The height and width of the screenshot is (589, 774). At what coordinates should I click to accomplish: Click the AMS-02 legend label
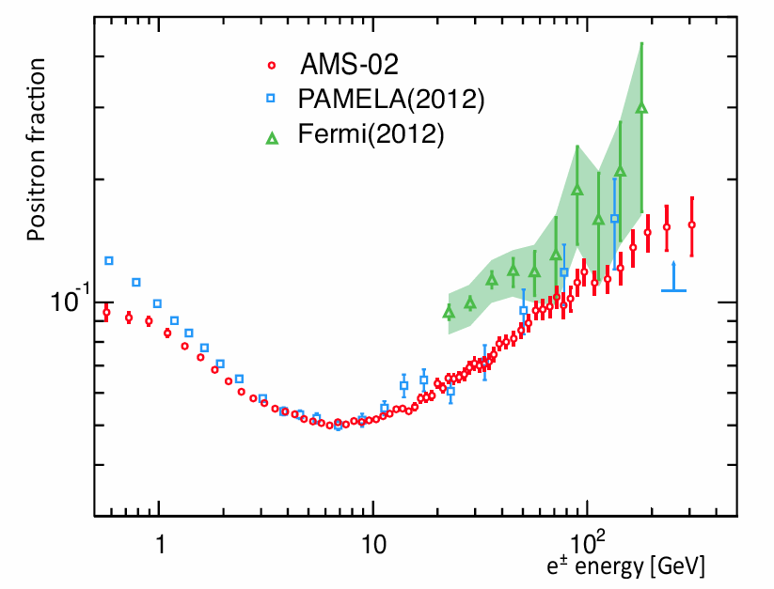[350, 66]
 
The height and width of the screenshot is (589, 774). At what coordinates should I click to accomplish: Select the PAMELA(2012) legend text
[390, 100]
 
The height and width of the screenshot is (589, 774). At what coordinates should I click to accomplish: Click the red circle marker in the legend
[271, 66]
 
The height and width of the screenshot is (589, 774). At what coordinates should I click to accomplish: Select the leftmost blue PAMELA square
[109, 260]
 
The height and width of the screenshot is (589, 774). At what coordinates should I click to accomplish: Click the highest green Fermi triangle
[641, 108]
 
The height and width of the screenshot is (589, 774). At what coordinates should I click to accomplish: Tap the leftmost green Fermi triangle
[449, 312]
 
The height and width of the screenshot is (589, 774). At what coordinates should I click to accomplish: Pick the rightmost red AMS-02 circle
[691, 225]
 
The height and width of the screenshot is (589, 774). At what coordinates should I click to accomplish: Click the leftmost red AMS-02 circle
[106, 312]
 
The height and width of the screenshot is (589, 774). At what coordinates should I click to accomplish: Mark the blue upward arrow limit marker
[673, 279]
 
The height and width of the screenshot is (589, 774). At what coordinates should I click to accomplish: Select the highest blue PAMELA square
[614, 219]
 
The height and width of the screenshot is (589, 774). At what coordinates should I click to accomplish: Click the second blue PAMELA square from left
[136, 282]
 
